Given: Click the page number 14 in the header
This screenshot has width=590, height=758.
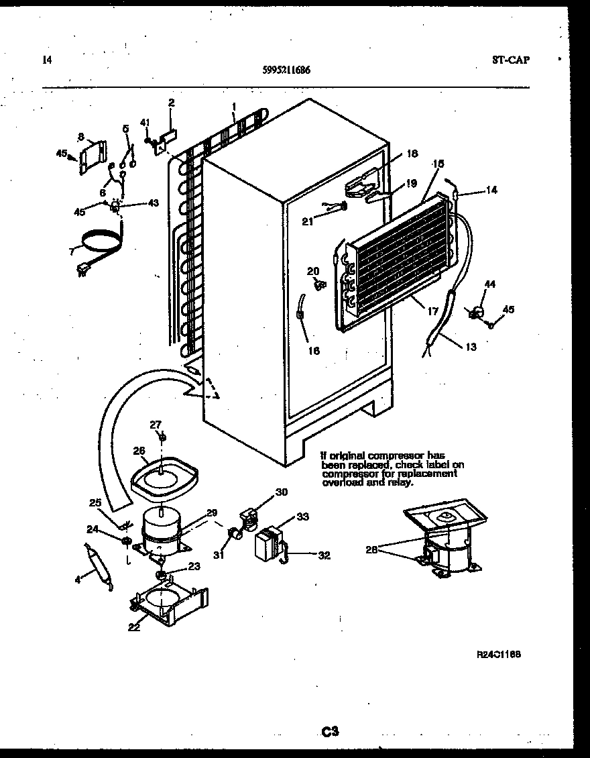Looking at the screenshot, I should coord(46,60).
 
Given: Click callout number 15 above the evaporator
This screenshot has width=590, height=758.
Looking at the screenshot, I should coord(439,163).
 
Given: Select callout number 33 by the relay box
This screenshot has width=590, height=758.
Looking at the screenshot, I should coord(303,517).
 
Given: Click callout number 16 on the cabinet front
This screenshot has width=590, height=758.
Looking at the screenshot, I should coord(313,351).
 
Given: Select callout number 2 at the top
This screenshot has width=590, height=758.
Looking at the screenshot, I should coord(171,103).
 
